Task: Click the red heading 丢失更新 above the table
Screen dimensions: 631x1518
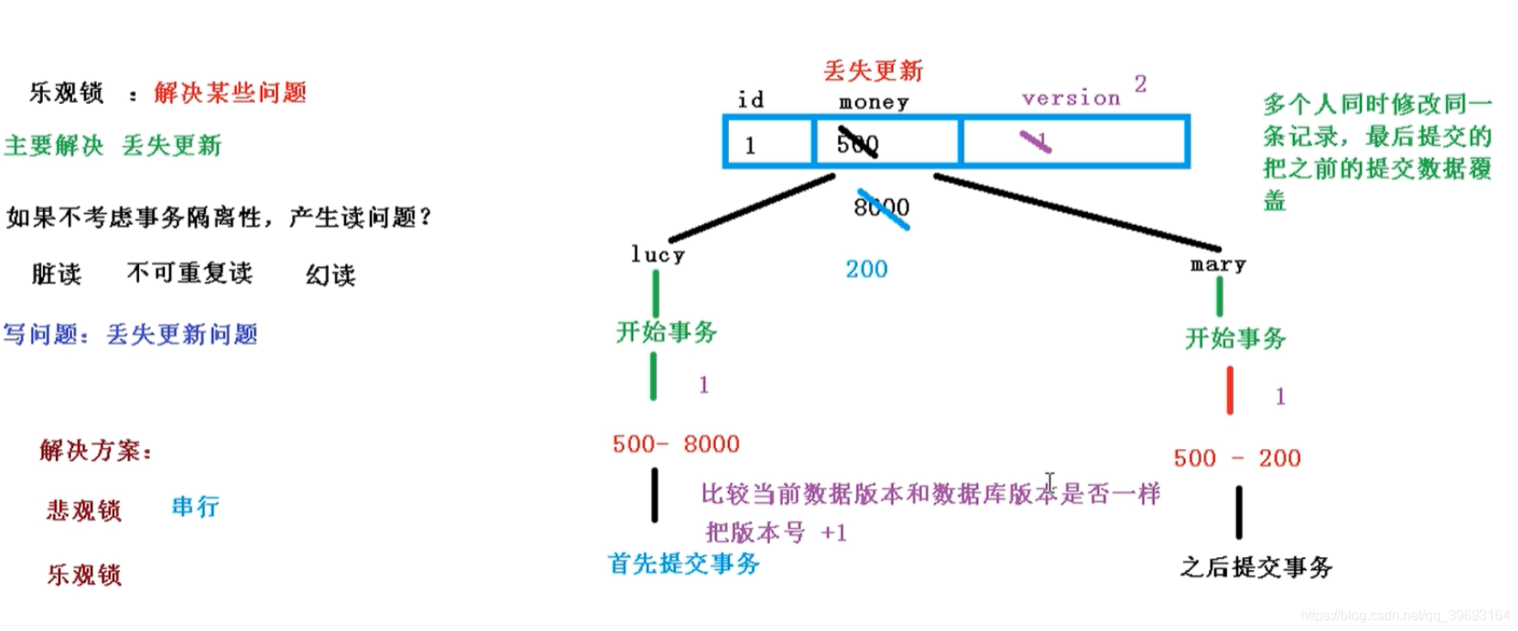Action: [x=872, y=70]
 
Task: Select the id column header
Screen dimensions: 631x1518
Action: [x=750, y=100]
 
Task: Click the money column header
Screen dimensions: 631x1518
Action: [x=873, y=102]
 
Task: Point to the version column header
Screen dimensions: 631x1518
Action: [x=1071, y=98]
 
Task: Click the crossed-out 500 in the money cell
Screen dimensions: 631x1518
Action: [x=858, y=143]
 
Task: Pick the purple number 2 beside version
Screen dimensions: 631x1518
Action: [x=1140, y=83]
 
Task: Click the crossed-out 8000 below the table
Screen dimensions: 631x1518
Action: [x=881, y=207]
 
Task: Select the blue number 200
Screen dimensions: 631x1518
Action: [x=866, y=269]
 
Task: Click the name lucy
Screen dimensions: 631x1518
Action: [x=658, y=255]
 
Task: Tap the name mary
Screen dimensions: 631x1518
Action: [x=1217, y=264]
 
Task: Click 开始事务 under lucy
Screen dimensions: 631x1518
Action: [x=666, y=331]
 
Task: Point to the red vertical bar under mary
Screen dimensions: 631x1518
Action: [x=1230, y=391]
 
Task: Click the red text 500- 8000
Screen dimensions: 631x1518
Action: [x=676, y=444]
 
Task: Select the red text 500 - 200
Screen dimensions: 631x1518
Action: [x=1236, y=458]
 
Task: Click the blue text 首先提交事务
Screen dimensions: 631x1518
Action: [x=683, y=563]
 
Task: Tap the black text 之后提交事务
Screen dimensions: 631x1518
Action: [x=1255, y=567]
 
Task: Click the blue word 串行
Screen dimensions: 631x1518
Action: [x=195, y=507]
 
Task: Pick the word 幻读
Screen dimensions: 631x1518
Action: [x=331, y=275]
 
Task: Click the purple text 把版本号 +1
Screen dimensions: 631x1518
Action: [x=776, y=532]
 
